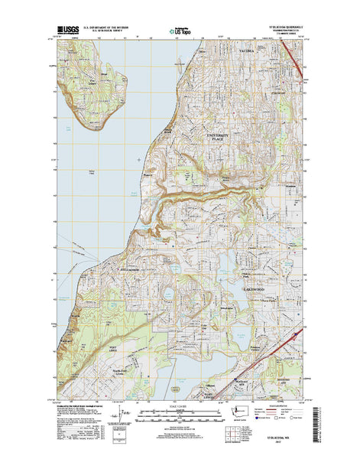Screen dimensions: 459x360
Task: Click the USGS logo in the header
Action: pyautogui.click(x=64, y=31)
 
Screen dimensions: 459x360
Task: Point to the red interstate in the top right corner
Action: pyautogui.click(x=292, y=58)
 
